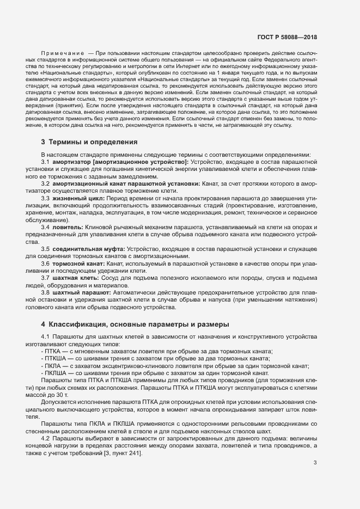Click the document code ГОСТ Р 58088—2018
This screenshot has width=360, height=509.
286,38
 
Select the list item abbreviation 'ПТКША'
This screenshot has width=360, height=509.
56,359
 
